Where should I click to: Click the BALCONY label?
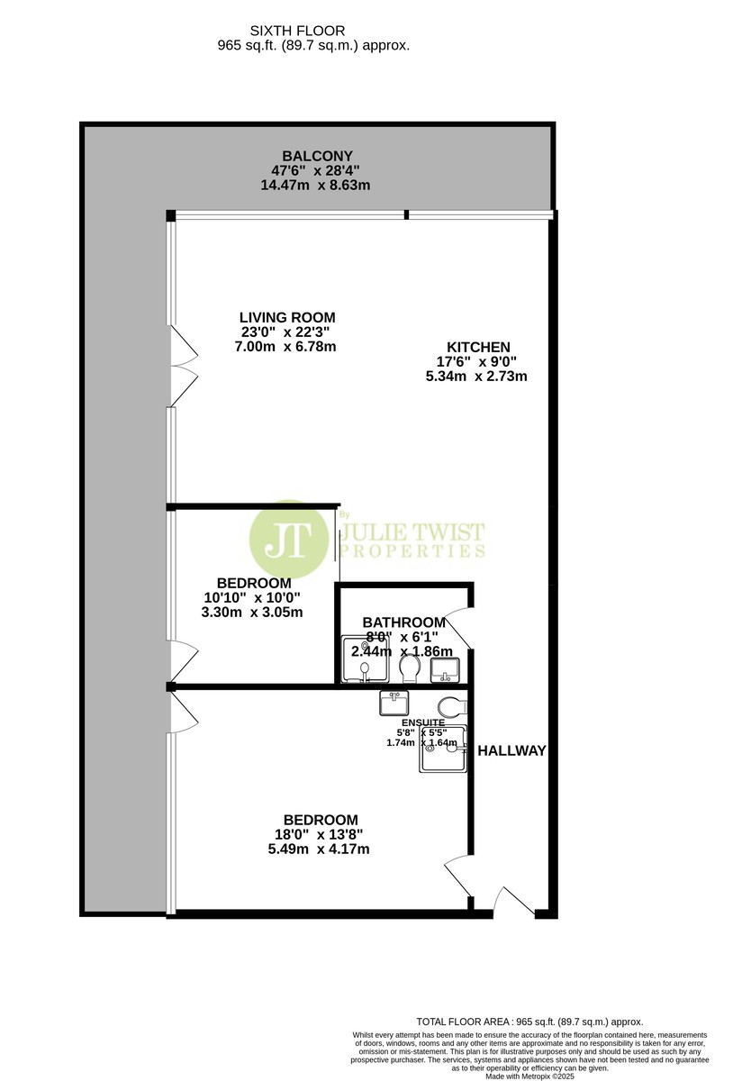click(317, 156)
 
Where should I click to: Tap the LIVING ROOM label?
click(287, 317)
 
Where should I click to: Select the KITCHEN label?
click(478, 347)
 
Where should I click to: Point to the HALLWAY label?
click(511, 750)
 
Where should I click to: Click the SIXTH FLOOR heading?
click(297, 31)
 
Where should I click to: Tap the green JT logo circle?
click(289, 540)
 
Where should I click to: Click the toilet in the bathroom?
click(410, 668)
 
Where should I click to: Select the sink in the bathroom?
click(445, 670)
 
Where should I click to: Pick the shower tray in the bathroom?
click(365, 659)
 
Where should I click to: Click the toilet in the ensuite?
click(453, 708)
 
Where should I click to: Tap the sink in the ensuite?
click(394, 704)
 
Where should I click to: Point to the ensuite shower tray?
click(443, 749)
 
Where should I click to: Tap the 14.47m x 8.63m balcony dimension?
click(315, 185)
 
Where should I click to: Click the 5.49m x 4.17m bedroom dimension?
click(319, 849)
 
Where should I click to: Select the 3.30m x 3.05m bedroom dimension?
click(252, 613)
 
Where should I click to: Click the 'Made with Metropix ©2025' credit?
click(529, 1076)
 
